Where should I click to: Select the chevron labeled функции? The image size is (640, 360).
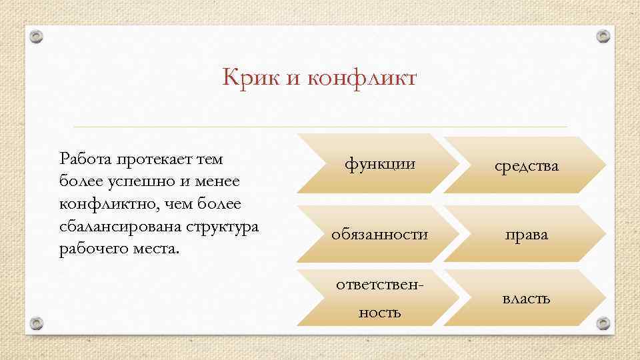tap(379, 163)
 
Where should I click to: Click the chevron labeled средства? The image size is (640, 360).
tap(526, 165)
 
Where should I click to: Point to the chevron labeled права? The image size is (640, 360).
tap(526, 234)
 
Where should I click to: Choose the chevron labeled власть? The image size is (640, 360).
tap(526, 298)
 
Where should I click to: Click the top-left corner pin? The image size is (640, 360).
tap(38, 37)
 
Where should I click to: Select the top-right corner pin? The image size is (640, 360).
tap(603, 35)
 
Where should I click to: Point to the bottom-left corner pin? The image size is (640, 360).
tap(37, 323)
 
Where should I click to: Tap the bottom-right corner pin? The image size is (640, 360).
tap(603, 323)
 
